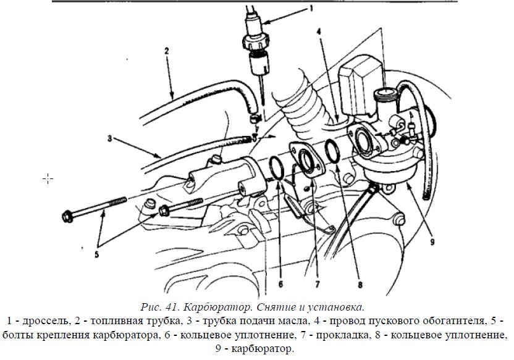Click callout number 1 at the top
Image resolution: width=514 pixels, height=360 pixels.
[311, 9]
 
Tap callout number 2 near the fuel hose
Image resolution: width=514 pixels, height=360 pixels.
[166, 51]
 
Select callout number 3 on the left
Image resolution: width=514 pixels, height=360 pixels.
[109, 138]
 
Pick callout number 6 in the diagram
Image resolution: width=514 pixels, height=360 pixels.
[280, 284]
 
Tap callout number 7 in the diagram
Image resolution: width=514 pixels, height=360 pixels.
[317, 285]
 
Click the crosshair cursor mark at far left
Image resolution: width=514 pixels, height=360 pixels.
[48, 178]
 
